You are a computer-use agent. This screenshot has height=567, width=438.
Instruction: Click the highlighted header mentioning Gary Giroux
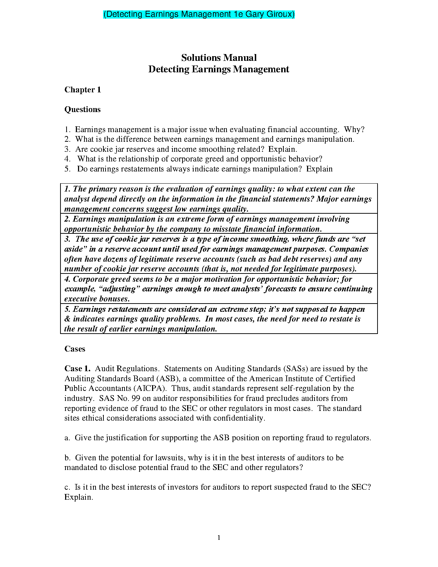click(199, 14)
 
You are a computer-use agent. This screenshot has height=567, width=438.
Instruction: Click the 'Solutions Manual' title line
click(219, 58)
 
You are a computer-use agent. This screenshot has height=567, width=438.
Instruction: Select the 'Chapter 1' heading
click(83, 89)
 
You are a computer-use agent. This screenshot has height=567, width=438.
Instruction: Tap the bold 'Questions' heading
click(82, 110)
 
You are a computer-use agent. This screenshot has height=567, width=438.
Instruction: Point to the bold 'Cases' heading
click(75, 349)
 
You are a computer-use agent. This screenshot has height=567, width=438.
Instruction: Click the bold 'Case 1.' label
click(77, 369)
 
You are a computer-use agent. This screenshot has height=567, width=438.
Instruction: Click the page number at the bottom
click(219, 538)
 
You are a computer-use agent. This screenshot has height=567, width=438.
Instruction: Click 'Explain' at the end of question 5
click(319, 169)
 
